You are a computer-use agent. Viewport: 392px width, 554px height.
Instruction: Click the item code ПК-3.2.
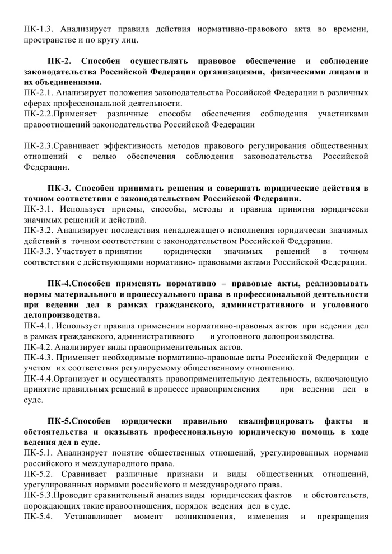click(38, 230)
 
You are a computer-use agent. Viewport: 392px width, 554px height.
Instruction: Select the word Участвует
click(74, 252)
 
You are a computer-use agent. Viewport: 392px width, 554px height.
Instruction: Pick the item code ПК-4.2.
click(38, 346)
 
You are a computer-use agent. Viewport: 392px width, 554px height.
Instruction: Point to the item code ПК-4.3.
click(38, 357)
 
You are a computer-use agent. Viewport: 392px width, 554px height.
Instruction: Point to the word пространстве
click(49, 40)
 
